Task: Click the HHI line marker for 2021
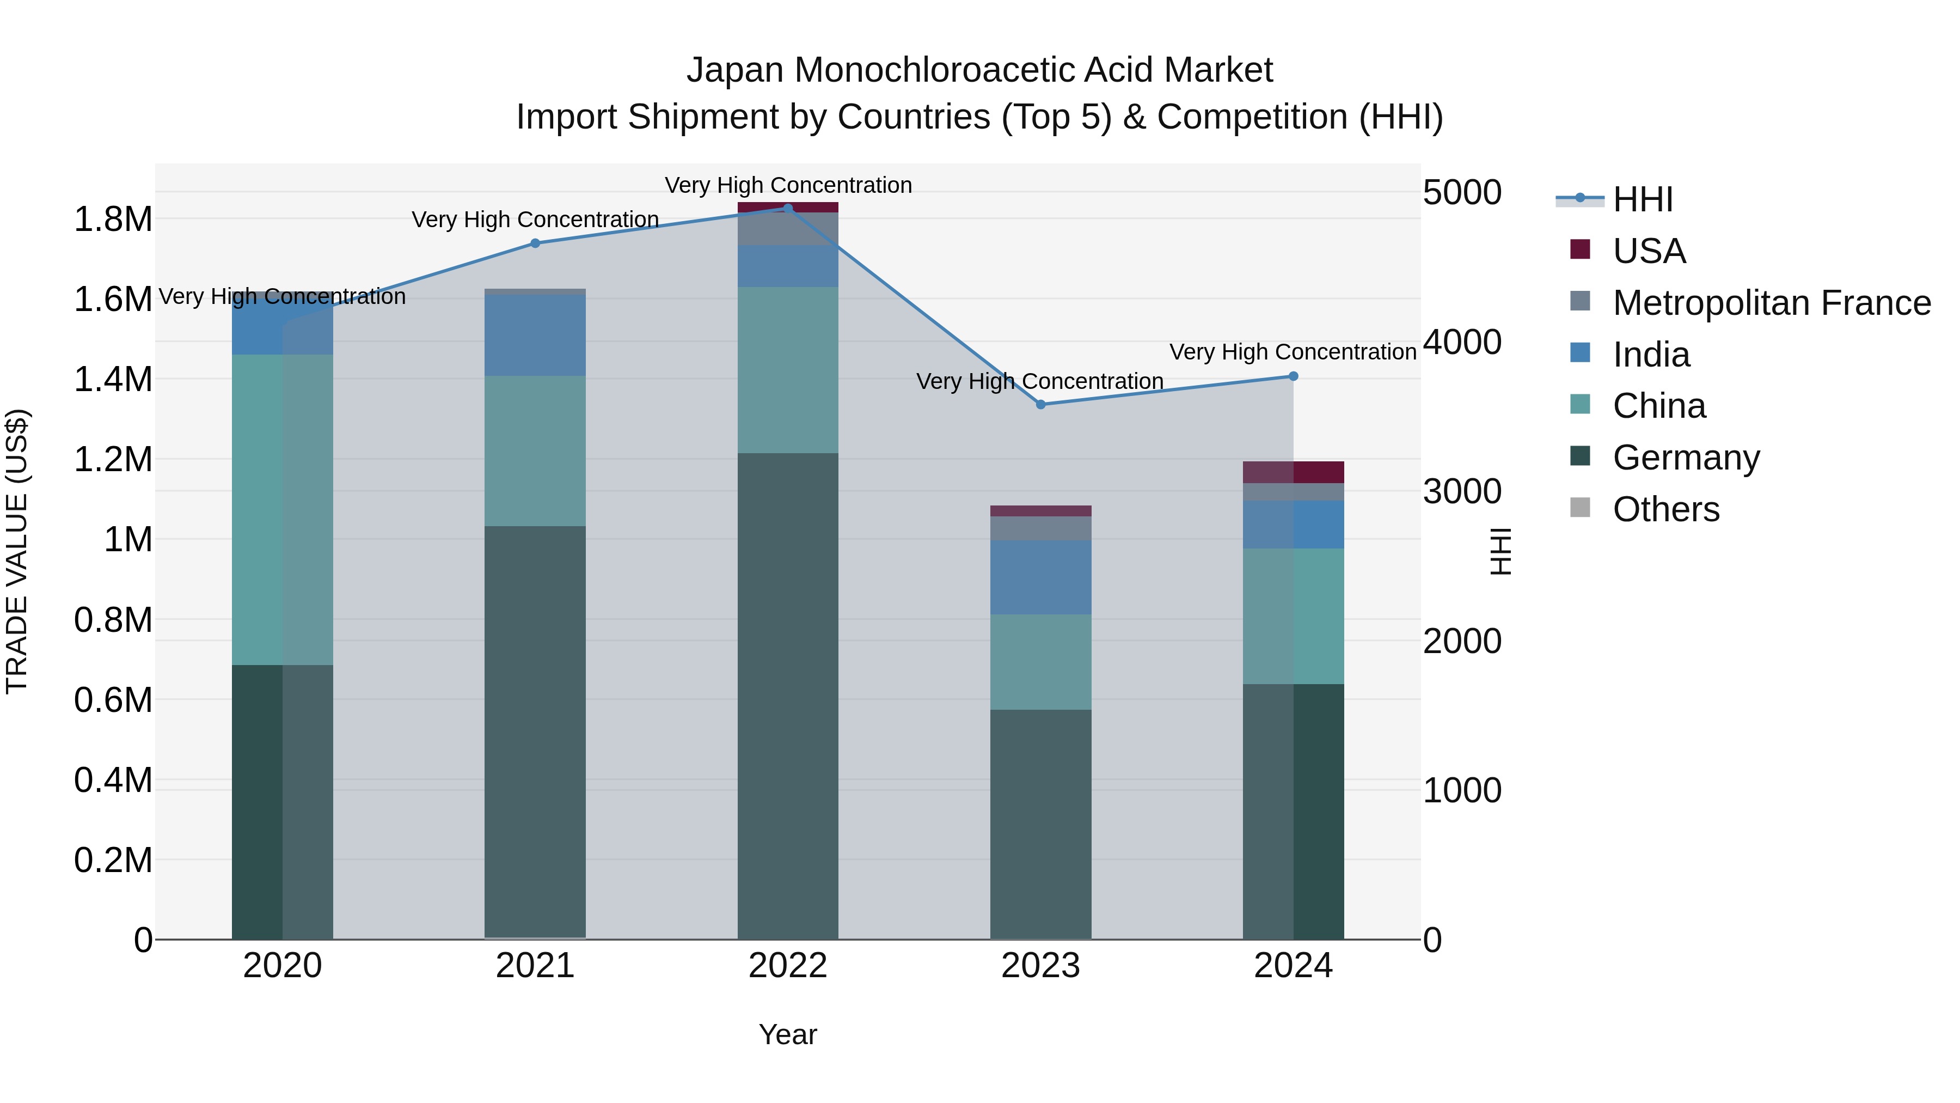click(x=535, y=243)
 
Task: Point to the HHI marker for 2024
click(x=1294, y=376)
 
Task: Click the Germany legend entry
click(x=1685, y=458)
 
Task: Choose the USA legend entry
click(x=1649, y=251)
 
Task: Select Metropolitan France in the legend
click(x=1771, y=303)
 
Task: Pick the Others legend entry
click(x=1665, y=509)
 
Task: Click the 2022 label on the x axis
click(x=787, y=966)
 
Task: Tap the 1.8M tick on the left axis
click(x=113, y=219)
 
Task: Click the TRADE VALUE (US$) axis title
click(x=17, y=551)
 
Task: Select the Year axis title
click(x=787, y=1034)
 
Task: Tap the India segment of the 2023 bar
click(x=1040, y=577)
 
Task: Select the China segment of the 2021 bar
click(x=535, y=450)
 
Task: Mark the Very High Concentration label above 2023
click(x=1039, y=381)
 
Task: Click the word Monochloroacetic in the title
click(x=976, y=70)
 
